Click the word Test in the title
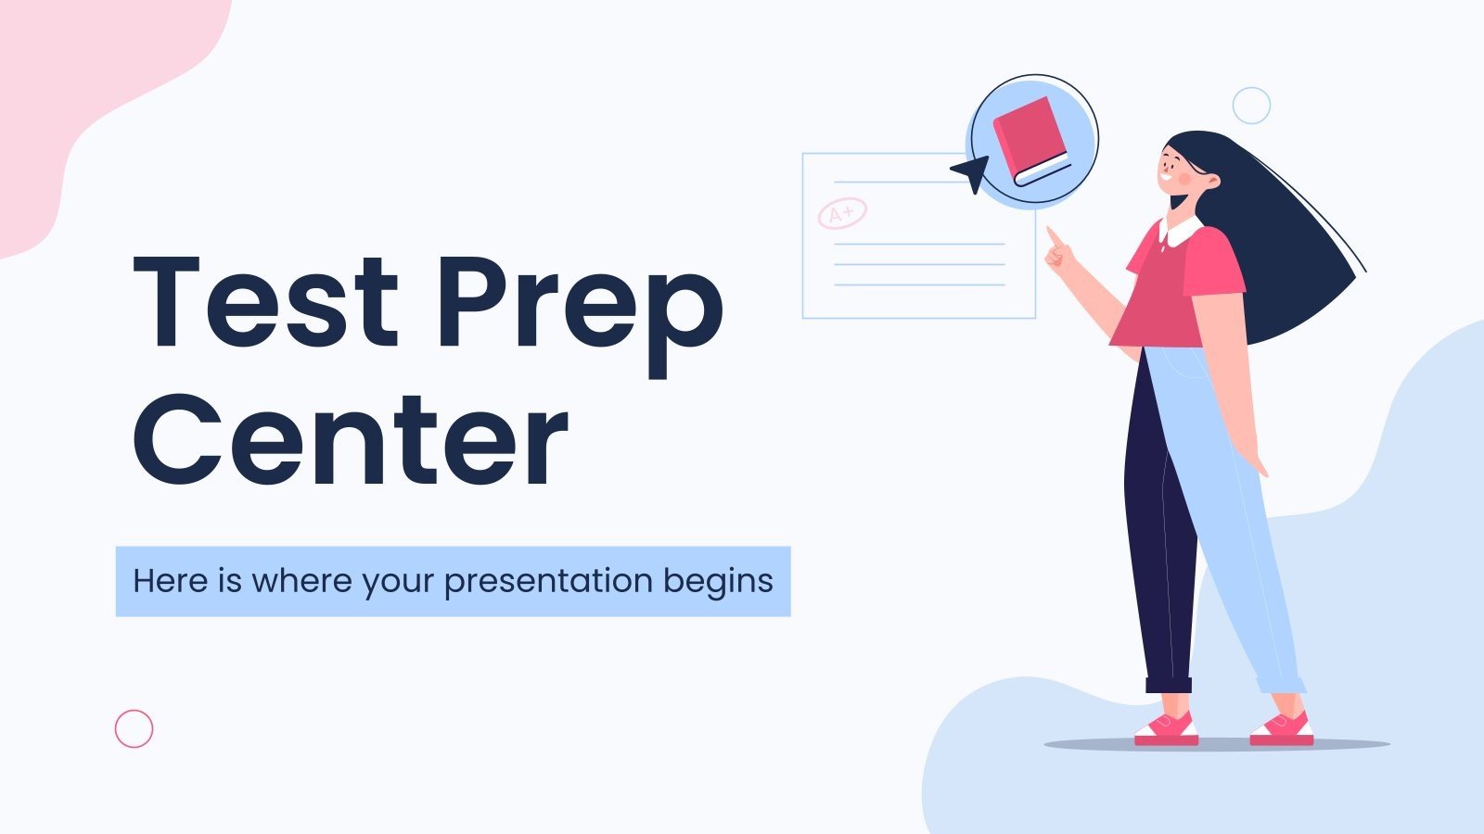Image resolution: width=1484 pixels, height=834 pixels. pos(264,303)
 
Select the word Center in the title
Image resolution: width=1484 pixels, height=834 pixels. pos(350,439)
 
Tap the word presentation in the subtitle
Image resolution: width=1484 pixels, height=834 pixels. pos(548,582)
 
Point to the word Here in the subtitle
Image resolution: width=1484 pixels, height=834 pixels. pos(170,581)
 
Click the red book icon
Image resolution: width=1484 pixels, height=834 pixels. pos(1030,140)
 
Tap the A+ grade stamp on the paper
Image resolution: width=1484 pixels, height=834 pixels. pos(842,213)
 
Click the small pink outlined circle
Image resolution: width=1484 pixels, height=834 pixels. pos(134,729)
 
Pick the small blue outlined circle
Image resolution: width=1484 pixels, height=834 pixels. pos(1251,106)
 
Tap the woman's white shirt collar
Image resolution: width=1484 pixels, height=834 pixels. pos(1180,232)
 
